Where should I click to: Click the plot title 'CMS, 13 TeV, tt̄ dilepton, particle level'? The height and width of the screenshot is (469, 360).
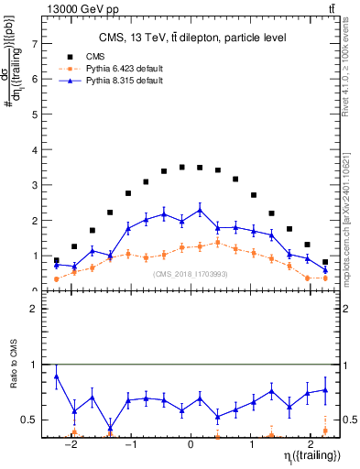(x=191, y=38)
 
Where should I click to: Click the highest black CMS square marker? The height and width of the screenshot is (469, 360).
(x=182, y=167)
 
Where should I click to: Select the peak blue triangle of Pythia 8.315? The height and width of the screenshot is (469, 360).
(x=200, y=210)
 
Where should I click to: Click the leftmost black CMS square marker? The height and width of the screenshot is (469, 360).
(x=57, y=260)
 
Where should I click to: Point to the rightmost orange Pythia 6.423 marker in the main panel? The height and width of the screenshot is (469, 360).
(x=325, y=278)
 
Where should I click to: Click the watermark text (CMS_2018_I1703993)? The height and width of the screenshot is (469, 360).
(x=191, y=274)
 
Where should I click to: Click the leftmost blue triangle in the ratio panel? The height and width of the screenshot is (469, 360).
(x=57, y=376)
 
